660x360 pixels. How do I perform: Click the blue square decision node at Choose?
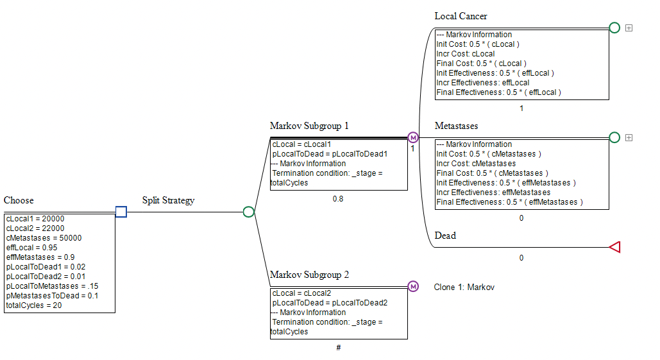121,212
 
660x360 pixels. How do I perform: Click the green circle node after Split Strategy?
249,212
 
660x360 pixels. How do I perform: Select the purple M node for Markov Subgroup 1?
413,137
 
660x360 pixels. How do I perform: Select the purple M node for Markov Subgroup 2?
413,286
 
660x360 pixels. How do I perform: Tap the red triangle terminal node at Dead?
614,247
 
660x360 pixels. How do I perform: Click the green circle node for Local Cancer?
614,28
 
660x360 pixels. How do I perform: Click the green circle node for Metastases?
614,137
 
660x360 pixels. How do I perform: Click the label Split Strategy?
168,200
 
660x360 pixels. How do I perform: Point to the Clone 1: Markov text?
464,287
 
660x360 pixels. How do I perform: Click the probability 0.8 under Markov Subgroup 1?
338,199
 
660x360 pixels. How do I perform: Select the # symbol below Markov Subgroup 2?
338,348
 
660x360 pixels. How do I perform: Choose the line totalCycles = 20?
33,305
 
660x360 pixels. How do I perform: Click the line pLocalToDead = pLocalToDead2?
330,303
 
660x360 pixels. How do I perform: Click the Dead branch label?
445,236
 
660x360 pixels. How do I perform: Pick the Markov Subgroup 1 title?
309,126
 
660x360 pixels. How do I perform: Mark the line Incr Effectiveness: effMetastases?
493,193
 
